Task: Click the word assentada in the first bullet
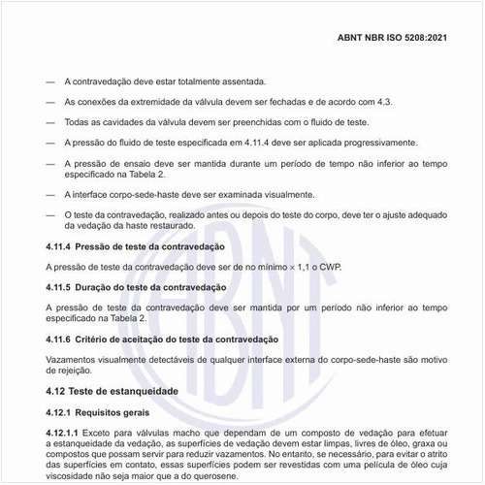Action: point(239,81)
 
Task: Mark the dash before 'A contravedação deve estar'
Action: point(50,81)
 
